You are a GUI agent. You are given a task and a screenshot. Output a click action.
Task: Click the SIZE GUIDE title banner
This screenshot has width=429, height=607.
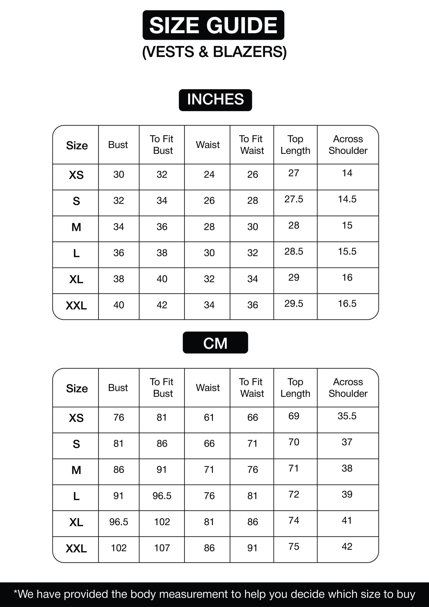[x=214, y=25]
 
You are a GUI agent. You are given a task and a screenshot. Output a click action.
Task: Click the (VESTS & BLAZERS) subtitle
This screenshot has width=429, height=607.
[x=214, y=52]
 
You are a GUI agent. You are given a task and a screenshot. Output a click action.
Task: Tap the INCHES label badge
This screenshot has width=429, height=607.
[x=215, y=100]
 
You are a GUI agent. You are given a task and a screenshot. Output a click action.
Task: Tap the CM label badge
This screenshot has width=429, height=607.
[x=215, y=343]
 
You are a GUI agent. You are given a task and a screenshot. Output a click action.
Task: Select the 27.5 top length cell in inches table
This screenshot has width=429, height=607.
[x=294, y=199]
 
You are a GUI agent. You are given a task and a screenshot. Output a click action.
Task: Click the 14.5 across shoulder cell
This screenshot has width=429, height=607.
[x=347, y=199]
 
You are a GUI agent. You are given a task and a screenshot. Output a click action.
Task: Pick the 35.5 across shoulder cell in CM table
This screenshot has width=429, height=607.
[x=347, y=416]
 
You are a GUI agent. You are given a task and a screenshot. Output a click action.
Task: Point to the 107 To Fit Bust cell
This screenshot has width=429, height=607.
[x=162, y=548]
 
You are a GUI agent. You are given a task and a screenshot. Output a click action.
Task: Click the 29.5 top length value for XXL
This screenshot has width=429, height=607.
[x=294, y=303]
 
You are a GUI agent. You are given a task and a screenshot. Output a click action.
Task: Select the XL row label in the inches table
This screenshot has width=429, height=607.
[x=76, y=279]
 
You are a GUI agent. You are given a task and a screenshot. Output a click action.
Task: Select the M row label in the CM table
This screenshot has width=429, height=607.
[x=76, y=470]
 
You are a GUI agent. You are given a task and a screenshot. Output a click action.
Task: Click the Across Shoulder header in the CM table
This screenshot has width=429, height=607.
[x=348, y=388]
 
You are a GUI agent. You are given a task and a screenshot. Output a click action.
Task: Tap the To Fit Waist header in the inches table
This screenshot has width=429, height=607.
[x=251, y=145]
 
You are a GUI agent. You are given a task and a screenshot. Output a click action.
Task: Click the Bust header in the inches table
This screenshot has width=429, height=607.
[x=118, y=145]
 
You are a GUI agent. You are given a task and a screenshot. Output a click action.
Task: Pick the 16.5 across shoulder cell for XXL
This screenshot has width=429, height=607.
[x=347, y=303]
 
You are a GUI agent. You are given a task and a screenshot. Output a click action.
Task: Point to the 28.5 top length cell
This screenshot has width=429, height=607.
[x=294, y=251]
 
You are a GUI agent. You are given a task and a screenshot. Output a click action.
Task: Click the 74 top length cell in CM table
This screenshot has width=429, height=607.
[x=294, y=520]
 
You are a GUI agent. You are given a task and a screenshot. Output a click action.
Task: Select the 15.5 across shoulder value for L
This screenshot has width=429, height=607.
[x=347, y=251]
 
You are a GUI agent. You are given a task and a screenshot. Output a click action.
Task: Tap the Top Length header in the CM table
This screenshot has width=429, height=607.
[x=295, y=388]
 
